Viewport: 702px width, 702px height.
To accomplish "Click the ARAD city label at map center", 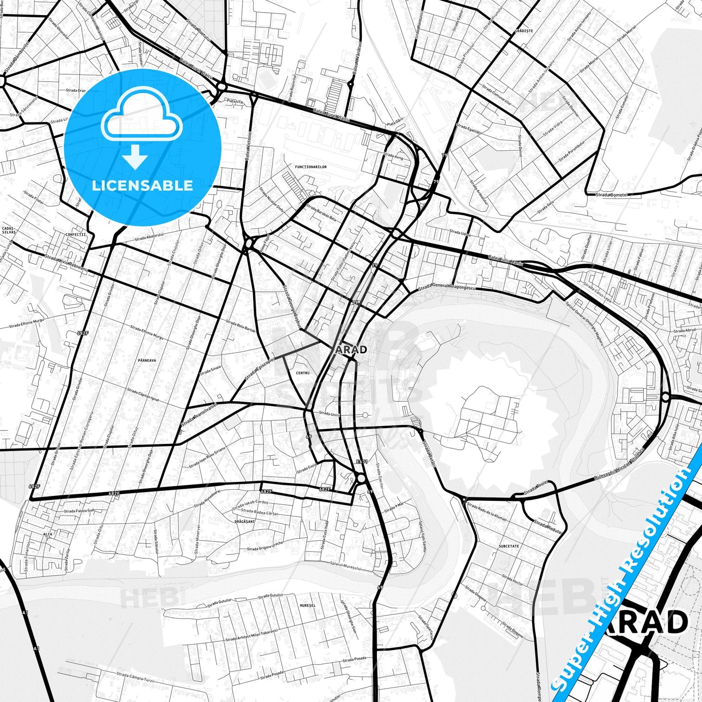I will tap(351, 349).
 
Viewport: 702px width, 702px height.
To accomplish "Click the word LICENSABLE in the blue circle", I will tap(142, 185).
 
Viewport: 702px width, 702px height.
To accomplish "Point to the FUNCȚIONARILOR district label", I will tap(311, 167).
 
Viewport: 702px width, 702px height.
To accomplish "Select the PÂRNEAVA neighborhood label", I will tap(147, 360).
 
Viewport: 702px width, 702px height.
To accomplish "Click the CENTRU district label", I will tap(302, 373).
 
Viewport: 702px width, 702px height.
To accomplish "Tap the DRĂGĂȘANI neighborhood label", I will tap(244, 521).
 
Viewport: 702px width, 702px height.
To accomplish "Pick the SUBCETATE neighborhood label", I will tap(509, 546).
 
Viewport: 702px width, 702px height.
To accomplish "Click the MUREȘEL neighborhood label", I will tap(308, 605).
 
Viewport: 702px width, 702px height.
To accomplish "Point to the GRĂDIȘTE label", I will tap(524, 31).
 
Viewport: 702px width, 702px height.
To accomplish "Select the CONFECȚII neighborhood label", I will tap(75, 234).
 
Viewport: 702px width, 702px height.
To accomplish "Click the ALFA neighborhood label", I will tap(48, 534).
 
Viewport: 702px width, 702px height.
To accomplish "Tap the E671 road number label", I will tap(361, 462).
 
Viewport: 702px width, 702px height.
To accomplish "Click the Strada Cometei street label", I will tap(612, 194).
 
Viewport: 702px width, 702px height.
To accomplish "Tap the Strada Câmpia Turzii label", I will tap(136, 677).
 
